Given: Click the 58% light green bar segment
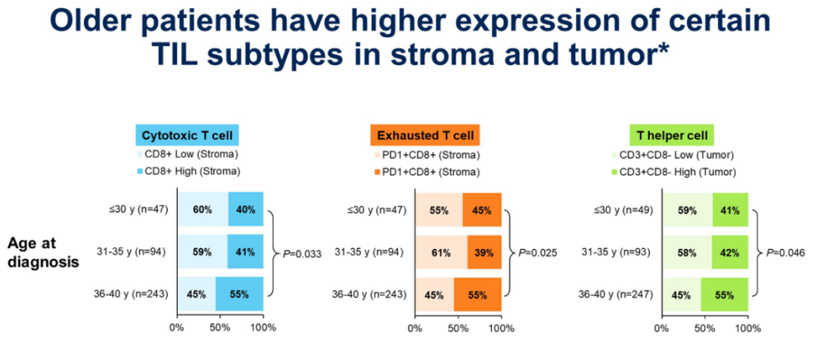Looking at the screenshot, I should pos(687,253).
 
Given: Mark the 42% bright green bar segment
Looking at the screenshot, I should pos(730,253).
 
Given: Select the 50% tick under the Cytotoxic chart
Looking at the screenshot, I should pos(219,327).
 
